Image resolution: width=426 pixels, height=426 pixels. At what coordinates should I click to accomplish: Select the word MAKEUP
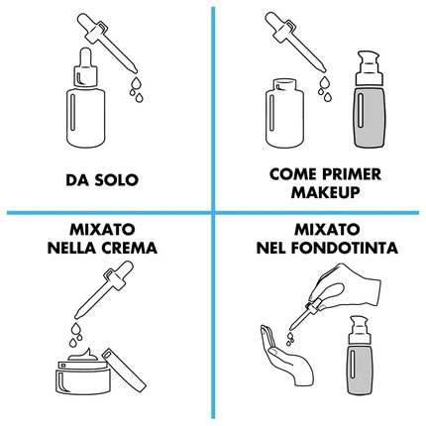(x=325, y=192)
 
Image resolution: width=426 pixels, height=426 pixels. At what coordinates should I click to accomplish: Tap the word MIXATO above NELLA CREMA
(x=102, y=230)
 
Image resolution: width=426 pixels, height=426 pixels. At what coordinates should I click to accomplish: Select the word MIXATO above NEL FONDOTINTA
(x=327, y=230)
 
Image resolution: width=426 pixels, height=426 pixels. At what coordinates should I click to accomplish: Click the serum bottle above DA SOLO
(x=86, y=98)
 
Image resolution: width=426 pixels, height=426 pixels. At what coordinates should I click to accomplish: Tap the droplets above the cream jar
(x=75, y=334)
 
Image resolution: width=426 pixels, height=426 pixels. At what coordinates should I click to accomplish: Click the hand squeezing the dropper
(x=344, y=286)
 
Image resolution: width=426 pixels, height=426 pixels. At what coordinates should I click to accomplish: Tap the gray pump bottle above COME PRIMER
(x=370, y=99)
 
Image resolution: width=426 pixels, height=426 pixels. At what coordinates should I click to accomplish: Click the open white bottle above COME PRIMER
(x=284, y=113)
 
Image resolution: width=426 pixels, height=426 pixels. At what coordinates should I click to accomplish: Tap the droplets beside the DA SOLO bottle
(x=136, y=89)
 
